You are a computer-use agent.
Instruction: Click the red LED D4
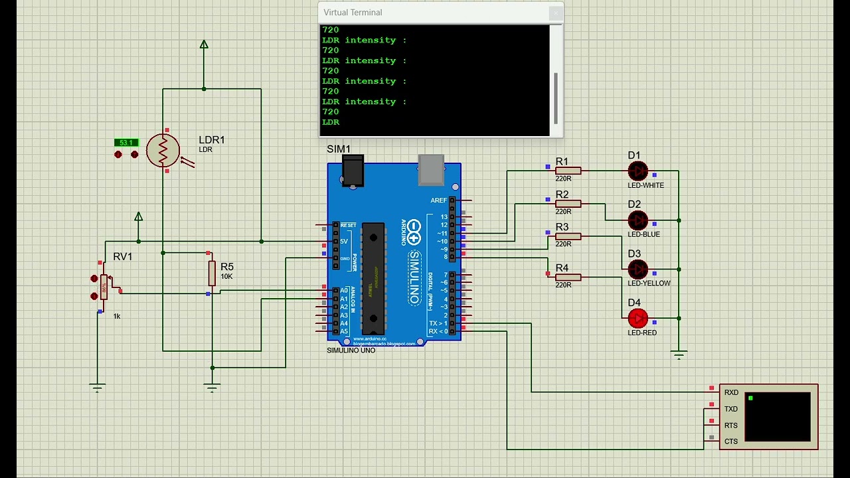click(637, 319)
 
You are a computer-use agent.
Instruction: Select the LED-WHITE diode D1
click(637, 171)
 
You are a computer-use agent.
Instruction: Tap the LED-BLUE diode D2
click(637, 220)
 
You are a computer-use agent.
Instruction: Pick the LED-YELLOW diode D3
click(637, 269)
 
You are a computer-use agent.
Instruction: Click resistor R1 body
click(568, 171)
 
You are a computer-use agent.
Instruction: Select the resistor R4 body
click(568, 278)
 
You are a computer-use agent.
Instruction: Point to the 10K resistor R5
click(212, 273)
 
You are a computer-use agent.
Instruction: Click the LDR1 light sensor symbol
click(163, 151)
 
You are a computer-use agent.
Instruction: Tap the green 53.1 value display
click(126, 143)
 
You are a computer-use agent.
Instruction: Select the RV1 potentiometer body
click(104, 286)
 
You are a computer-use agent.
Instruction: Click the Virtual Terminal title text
click(353, 13)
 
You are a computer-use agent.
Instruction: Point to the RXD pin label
click(731, 392)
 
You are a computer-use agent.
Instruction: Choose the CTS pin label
click(731, 441)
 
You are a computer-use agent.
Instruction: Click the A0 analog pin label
click(344, 291)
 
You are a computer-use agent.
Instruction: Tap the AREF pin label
click(438, 200)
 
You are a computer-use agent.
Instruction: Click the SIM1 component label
click(339, 149)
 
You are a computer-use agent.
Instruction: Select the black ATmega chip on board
click(373, 278)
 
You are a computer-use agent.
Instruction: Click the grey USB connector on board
click(431, 170)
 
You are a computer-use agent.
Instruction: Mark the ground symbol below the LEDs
click(679, 355)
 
